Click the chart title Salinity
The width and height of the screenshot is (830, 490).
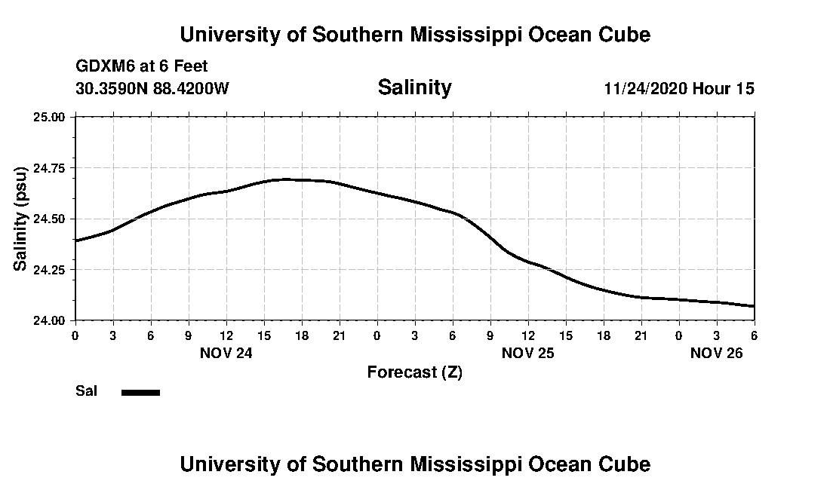[x=414, y=87]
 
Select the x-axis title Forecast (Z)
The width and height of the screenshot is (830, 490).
[x=414, y=372]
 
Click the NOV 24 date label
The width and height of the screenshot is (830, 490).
[x=226, y=353]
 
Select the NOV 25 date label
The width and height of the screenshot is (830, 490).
[x=527, y=353]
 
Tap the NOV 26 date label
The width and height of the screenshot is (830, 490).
[x=716, y=353]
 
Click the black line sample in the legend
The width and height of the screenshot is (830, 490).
[x=140, y=392]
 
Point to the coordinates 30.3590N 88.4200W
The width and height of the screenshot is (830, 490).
[x=152, y=88]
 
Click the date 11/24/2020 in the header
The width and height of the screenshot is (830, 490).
[x=645, y=88]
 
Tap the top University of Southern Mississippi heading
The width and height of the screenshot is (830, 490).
[x=414, y=35]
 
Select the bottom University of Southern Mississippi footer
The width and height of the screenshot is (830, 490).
[x=414, y=464]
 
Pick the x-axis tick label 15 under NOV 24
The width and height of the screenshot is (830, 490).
[x=264, y=335]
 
